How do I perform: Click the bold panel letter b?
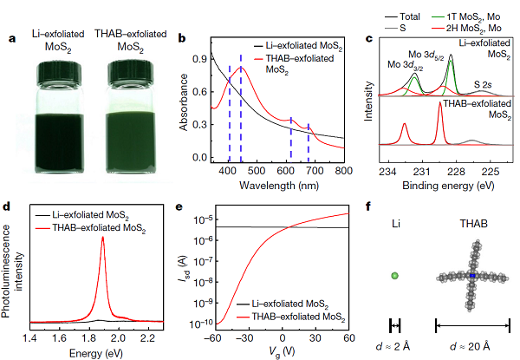181,37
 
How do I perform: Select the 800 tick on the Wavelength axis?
344,173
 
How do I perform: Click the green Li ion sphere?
394,275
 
